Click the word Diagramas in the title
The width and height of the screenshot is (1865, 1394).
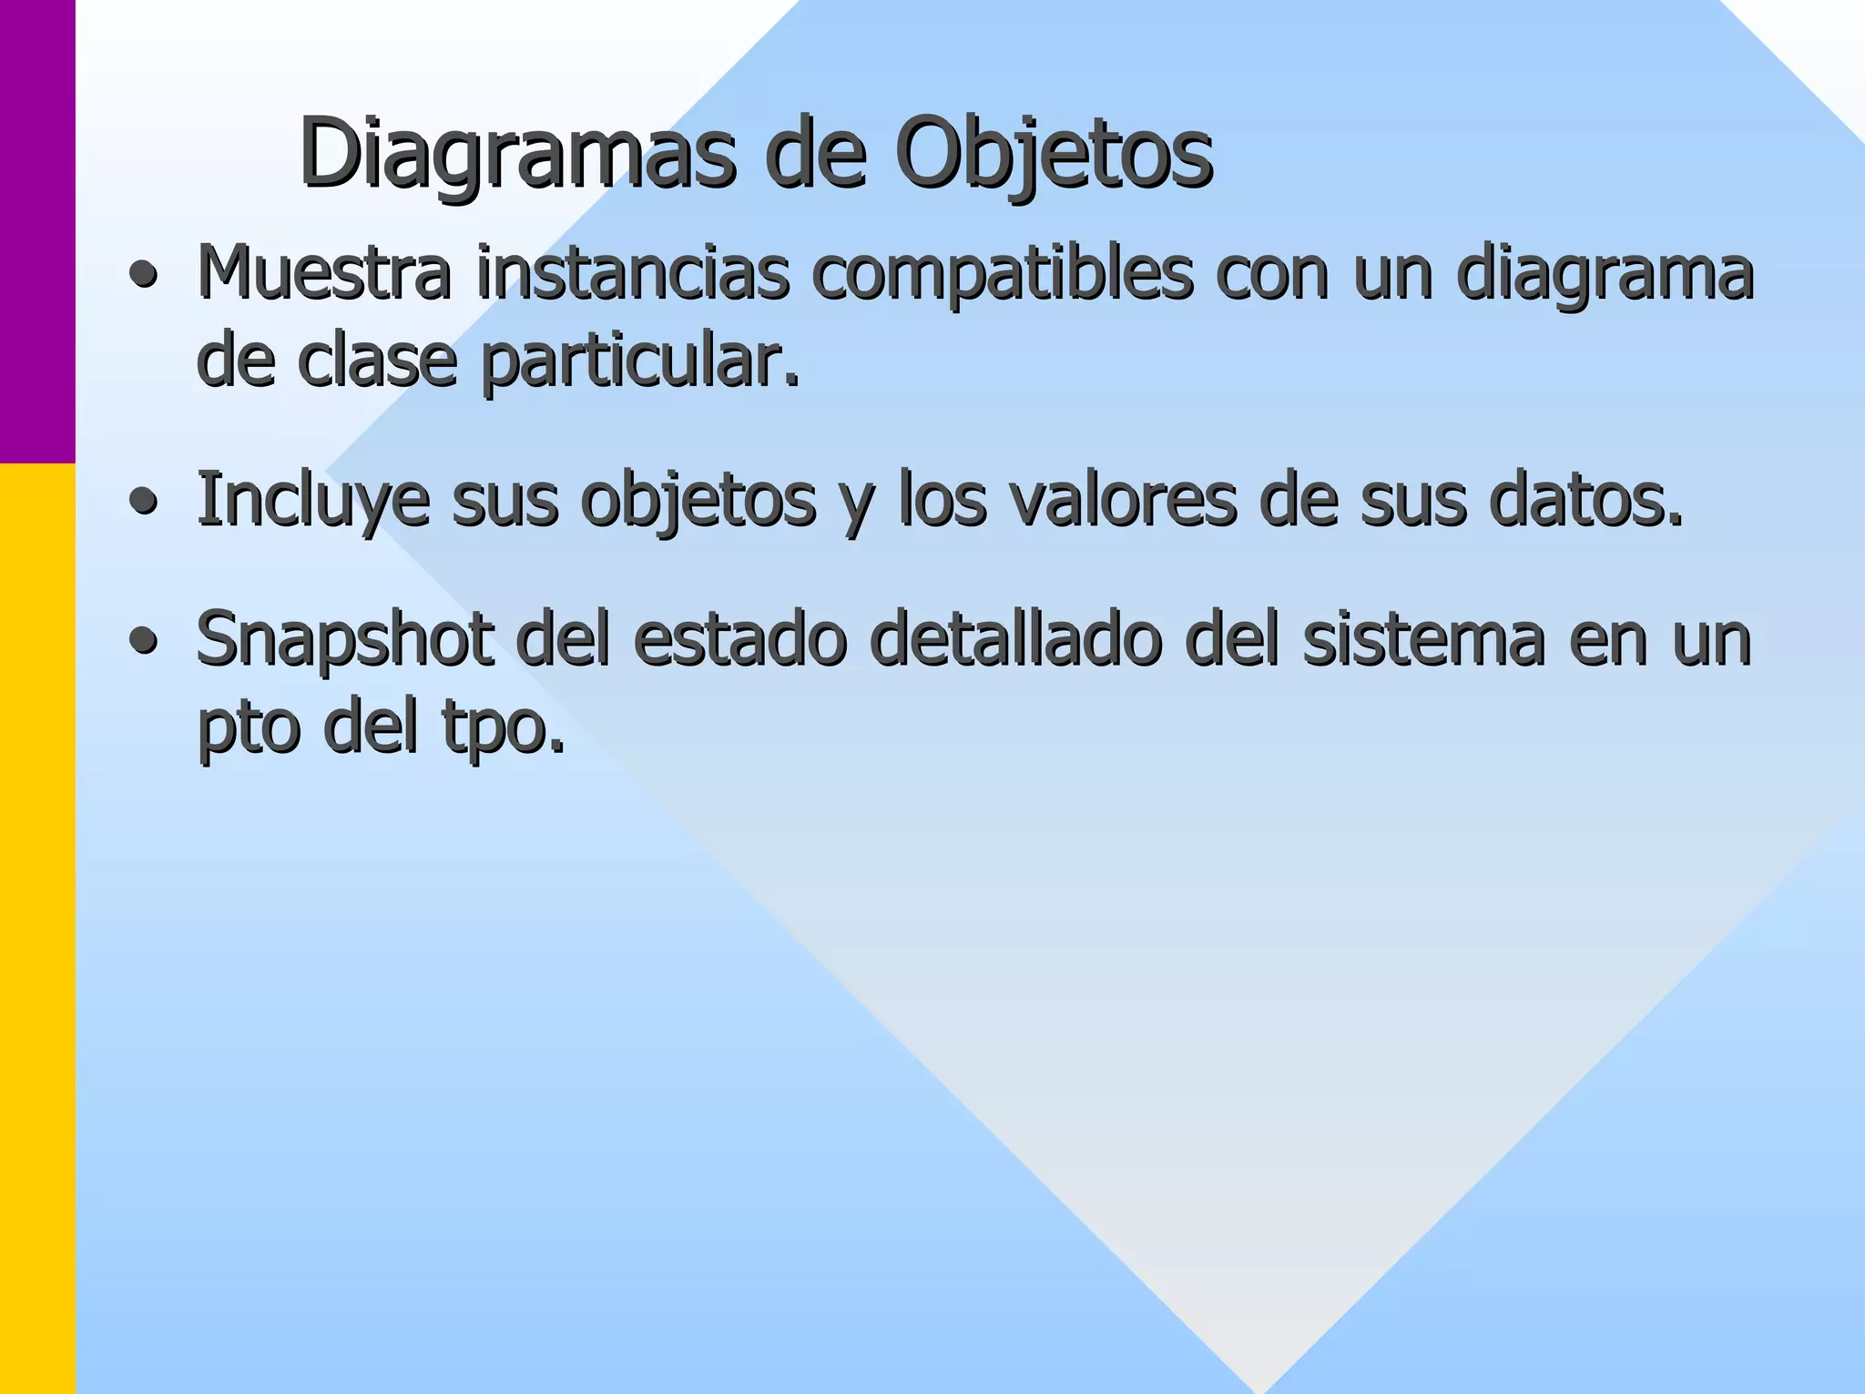point(516,155)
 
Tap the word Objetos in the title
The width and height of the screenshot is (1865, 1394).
point(1054,155)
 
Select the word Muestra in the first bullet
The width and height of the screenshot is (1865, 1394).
point(323,272)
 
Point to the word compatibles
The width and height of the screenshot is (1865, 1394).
point(1002,274)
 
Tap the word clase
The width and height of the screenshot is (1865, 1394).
point(377,361)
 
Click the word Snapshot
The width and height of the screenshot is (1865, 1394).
point(345,641)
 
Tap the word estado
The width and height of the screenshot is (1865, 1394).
point(739,639)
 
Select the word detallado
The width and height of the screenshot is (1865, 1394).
point(1016,639)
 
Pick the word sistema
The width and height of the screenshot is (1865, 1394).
point(1423,639)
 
